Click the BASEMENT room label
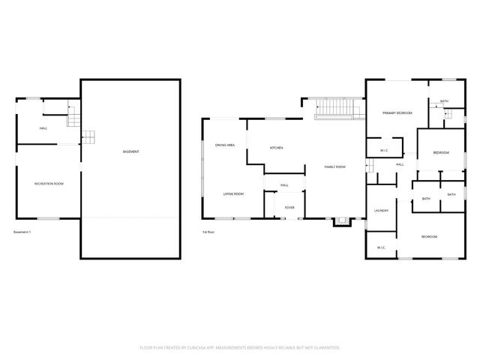tap(130, 152)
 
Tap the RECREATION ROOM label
tap(48, 184)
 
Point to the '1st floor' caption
tap(209, 232)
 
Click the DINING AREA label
tap(226, 145)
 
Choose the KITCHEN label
tap(276, 148)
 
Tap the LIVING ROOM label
tap(233, 194)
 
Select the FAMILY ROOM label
tap(334, 166)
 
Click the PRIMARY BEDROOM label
tap(397, 112)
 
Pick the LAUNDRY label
tap(381, 211)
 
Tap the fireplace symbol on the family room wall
tap(341, 220)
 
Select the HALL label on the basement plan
tap(43, 129)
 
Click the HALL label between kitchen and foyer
tap(284, 184)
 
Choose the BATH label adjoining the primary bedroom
tap(444, 101)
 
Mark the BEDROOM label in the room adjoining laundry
tap(429, 237)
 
